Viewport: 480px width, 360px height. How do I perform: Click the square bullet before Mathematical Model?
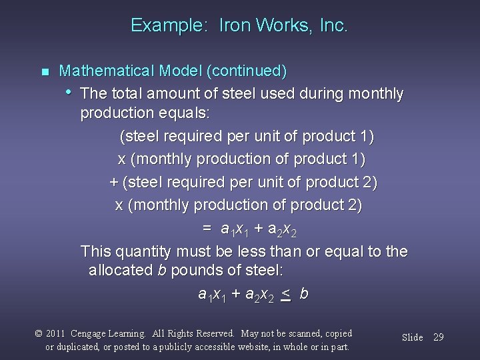point(45,71)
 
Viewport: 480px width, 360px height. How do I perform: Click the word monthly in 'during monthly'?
point(378,94)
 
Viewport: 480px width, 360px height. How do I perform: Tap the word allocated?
point(120,272)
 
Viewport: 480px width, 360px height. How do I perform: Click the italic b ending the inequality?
point(304,293)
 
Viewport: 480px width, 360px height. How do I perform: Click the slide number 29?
point(438,337)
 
